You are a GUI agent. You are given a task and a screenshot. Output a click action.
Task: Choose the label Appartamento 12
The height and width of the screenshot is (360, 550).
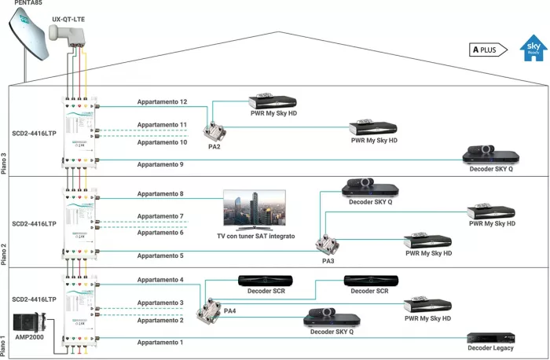[x=162, y=102]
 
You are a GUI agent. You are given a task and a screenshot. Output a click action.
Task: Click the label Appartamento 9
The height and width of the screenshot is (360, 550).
[x=160, y=163]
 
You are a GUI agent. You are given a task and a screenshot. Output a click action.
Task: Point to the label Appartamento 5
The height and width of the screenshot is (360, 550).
[x=160, y=255]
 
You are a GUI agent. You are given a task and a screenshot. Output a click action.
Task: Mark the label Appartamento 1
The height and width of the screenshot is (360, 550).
[x=160, y=342]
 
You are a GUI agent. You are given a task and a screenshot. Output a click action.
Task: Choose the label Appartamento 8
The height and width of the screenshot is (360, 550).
[x=160, y=193]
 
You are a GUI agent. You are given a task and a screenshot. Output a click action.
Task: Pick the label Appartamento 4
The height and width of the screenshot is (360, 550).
[x=160, y=280]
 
